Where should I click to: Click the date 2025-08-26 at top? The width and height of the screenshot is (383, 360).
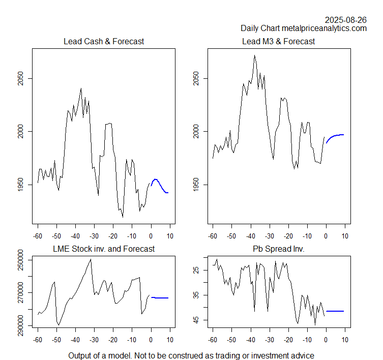pyautogui.click(x=345, y=20)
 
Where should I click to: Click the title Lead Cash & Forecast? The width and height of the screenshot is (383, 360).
pyautogui.click(x=103, y=41)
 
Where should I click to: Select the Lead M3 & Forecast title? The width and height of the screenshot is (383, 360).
pyautogui.click(x=278, y=41)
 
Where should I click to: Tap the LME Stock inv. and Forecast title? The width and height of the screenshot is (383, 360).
pyautogui.click(x=104, y=249)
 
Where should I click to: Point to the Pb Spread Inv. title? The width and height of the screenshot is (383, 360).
pyautogui.click(x=278, y=249)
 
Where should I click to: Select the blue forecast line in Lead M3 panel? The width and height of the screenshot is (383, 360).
pyautogui.click(x=336, y=135)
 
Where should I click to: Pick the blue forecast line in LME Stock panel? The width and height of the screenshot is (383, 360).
pyautogui.click(x=160, y=298)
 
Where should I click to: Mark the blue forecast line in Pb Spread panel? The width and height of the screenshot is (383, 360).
pyautogui.click(x=335, y=311)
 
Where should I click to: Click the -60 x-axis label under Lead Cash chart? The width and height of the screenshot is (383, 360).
pyautogui.click(x=37, y=236)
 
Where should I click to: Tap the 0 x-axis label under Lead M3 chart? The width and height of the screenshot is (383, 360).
pyautogui.click(x=326, y=236)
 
